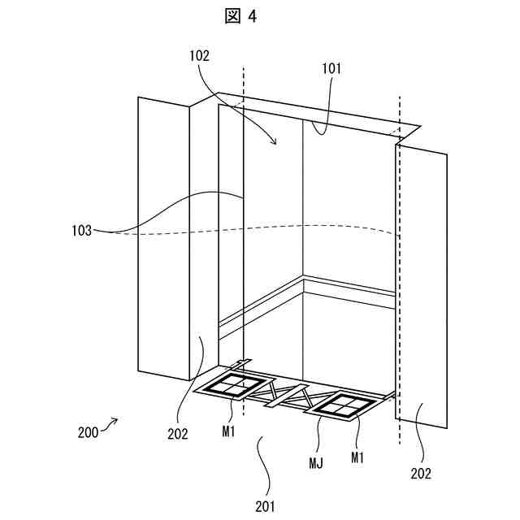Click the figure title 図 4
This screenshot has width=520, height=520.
(241, 16)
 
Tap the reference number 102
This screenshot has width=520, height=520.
(198, 56)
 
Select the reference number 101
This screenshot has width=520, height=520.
(331, 69)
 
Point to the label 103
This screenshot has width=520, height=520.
(81, 232)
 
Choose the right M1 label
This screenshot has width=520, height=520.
(357, 457)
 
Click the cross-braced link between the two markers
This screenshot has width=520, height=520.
(288, 396)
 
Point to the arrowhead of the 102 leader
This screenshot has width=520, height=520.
(275, 143)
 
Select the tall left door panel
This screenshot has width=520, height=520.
(163, 236)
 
